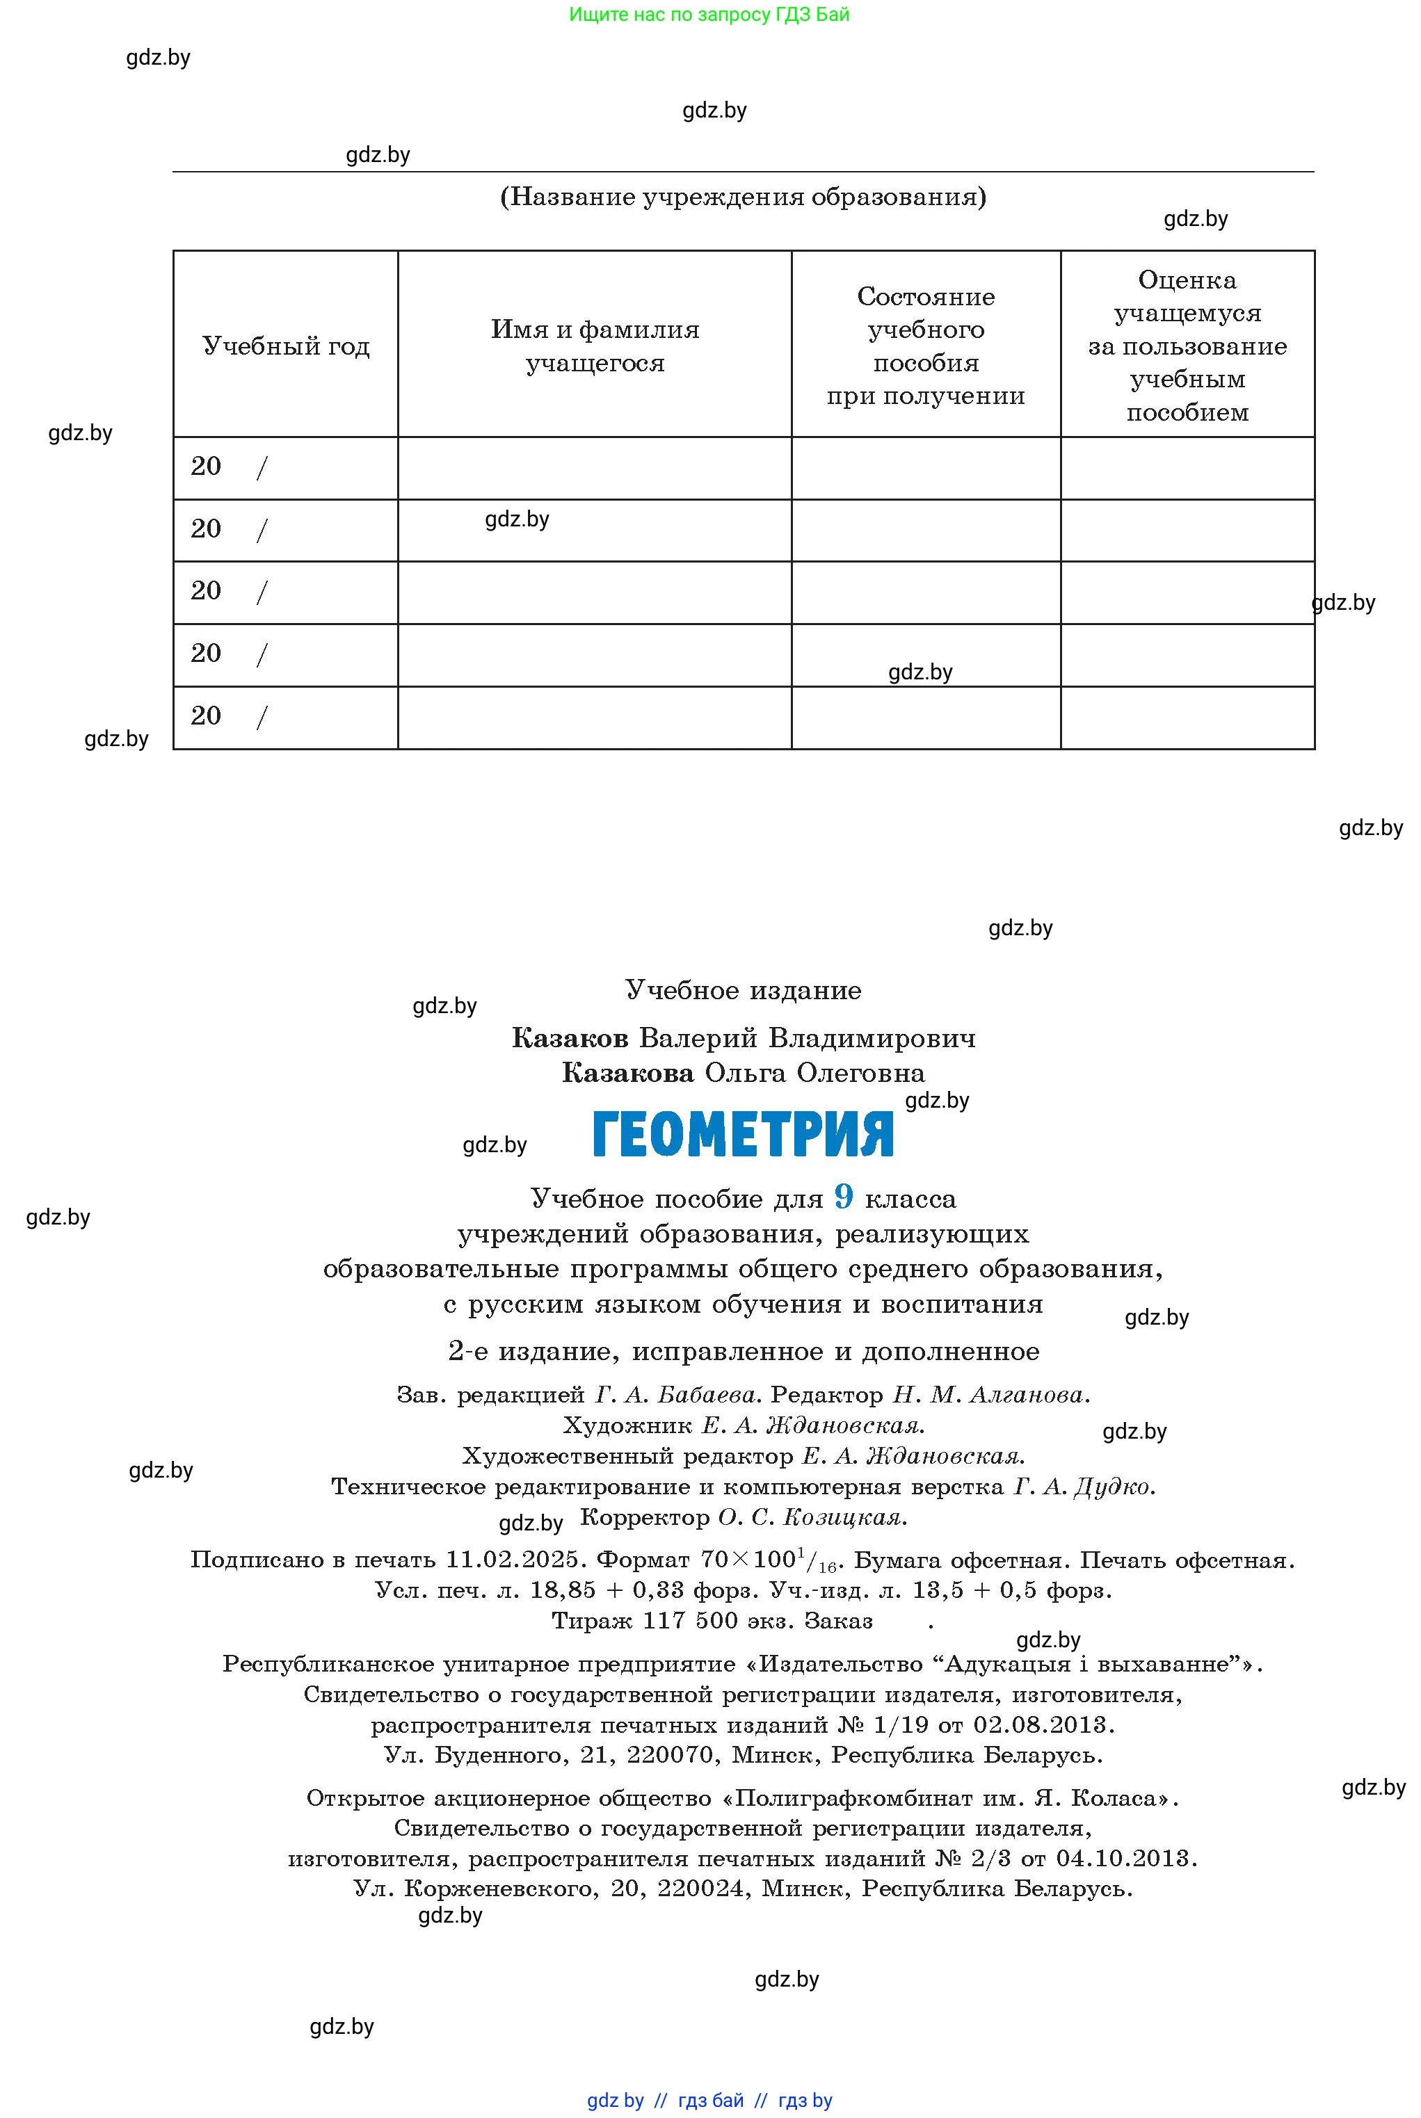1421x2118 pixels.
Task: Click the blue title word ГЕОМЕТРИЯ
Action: click(742, 1134)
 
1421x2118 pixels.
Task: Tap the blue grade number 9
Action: click(844, 1197)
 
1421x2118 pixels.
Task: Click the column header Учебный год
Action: click(285, 346)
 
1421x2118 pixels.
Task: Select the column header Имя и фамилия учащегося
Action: click(595, 346)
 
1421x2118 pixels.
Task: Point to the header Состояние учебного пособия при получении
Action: click(925, 346)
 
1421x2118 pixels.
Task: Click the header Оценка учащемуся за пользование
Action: click(1187, 346)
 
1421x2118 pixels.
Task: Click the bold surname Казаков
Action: click(570, 1038)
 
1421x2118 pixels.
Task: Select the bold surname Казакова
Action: click(627, 1074)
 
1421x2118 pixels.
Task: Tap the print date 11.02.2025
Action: click(512, 1560)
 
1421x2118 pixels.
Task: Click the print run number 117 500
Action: click(691, 1621)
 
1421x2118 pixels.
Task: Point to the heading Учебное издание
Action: click(743, 990)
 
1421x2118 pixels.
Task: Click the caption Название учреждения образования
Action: click(743, 197)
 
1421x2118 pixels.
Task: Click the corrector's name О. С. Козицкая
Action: click(812, 1517)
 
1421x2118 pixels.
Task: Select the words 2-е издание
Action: click(529, 1352)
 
